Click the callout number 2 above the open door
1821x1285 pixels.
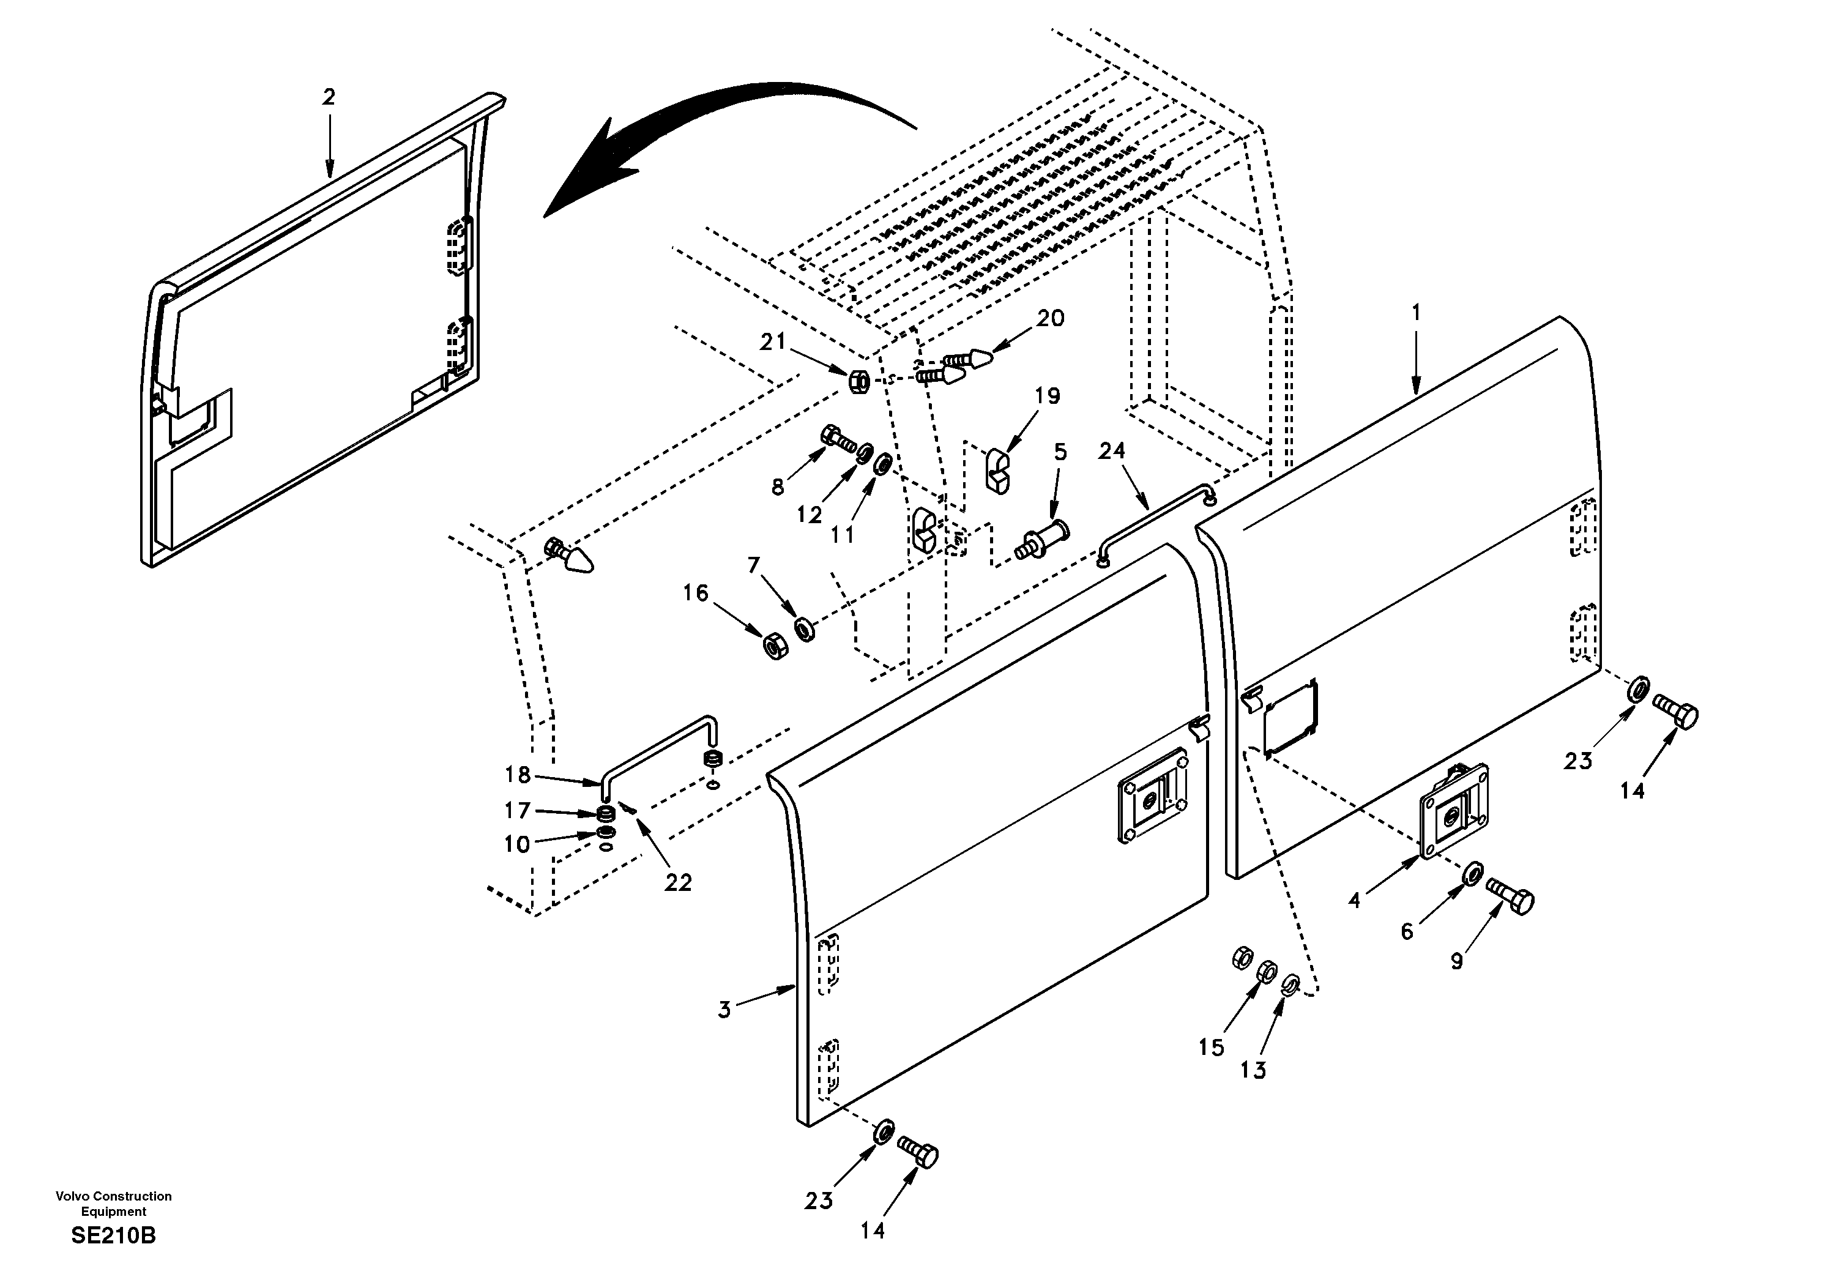click(329, 97)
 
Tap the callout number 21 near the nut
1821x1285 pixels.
click(772, 342)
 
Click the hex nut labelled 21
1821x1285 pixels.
click(859, 382)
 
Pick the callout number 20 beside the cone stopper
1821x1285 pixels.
click(1050, 319)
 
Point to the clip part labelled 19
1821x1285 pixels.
click(998, 471)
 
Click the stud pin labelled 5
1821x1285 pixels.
click(1042, 539)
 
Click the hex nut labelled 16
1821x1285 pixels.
click(774, 646)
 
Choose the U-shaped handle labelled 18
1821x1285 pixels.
click(658, 746)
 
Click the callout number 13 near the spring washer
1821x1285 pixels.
click(1253, 1070)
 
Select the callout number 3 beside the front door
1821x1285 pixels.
click(724, 1010)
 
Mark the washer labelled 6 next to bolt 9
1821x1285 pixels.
click(1469, 873)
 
